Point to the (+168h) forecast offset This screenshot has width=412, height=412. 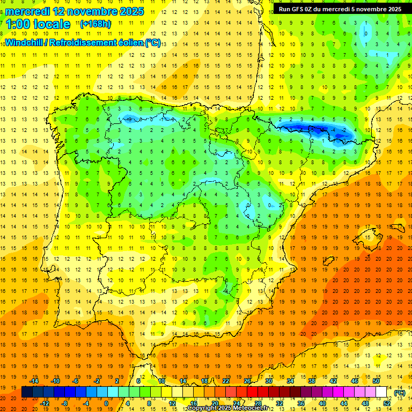pos(95,24)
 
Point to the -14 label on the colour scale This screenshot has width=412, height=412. pos(34,381)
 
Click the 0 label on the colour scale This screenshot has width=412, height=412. pos(106,403)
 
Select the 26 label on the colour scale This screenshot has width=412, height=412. pos(247,381)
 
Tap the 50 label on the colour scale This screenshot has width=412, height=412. pos(376,381)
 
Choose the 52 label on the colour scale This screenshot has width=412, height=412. pos(387,403)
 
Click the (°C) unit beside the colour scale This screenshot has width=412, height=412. pos(400,392)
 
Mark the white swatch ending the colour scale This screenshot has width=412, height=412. pos(381,392)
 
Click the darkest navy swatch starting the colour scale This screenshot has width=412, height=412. pos(27,392)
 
